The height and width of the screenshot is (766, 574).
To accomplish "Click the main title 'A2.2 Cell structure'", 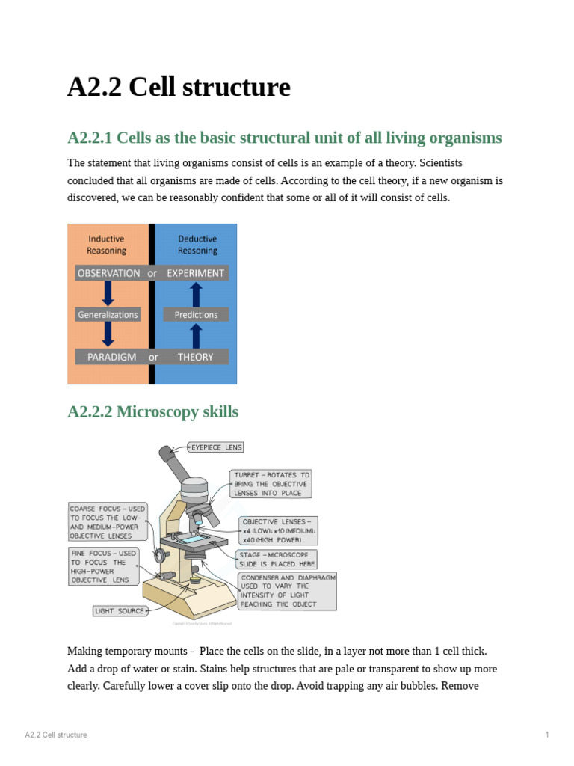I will (179, 88).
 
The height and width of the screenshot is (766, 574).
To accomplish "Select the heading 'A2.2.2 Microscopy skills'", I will (152, 411).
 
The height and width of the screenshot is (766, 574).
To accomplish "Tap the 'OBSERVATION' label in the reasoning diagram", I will (108, 273).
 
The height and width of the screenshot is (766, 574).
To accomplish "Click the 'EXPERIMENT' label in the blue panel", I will (195, 273).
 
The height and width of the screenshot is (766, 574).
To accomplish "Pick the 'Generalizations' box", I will (108, 315).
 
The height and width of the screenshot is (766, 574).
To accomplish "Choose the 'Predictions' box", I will (196, 315).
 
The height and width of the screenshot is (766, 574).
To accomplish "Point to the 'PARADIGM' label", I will (111, 357).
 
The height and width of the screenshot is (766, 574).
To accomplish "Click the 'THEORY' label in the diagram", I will (195, 357).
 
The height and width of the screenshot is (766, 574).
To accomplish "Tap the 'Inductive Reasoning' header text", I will (106, 245).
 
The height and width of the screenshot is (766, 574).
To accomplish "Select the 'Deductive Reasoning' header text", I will (197, 245).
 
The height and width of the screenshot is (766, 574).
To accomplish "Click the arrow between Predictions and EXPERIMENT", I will (196, 294).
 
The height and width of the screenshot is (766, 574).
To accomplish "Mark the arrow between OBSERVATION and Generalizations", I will (108, 294).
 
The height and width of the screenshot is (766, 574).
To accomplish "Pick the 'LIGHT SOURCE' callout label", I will (120, 611).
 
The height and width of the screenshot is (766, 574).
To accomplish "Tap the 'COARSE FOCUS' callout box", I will (108, 522).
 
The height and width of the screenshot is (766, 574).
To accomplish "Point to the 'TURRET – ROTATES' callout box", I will (271, 484).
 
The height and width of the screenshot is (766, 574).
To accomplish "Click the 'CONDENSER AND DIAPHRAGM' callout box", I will (288, 591).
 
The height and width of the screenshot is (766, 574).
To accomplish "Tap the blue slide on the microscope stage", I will (193, 538).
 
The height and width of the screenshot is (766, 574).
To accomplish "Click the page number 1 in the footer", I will (547, 735).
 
